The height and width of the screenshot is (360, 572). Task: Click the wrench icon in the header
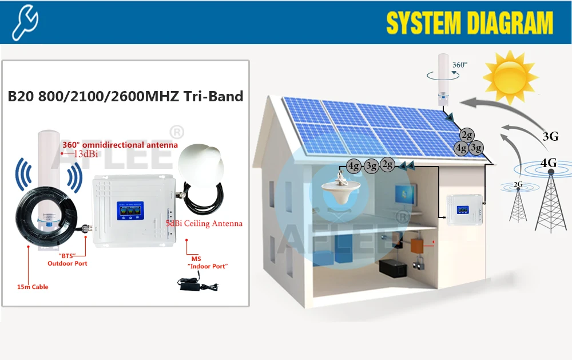point(25,21)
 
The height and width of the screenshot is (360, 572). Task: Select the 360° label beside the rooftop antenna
point(459,65)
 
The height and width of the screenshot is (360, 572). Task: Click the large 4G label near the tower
point(549,163)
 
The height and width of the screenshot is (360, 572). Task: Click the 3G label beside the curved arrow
point(550,136)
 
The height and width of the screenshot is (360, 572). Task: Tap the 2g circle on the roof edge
point(467,136)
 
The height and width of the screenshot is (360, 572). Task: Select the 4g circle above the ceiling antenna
point(353,166)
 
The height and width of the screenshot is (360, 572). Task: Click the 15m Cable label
point(32,287)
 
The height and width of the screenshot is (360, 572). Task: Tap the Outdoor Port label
point(67,263)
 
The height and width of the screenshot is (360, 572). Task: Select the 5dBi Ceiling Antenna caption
point(204,224)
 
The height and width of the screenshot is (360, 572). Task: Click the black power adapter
point(196,282)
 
